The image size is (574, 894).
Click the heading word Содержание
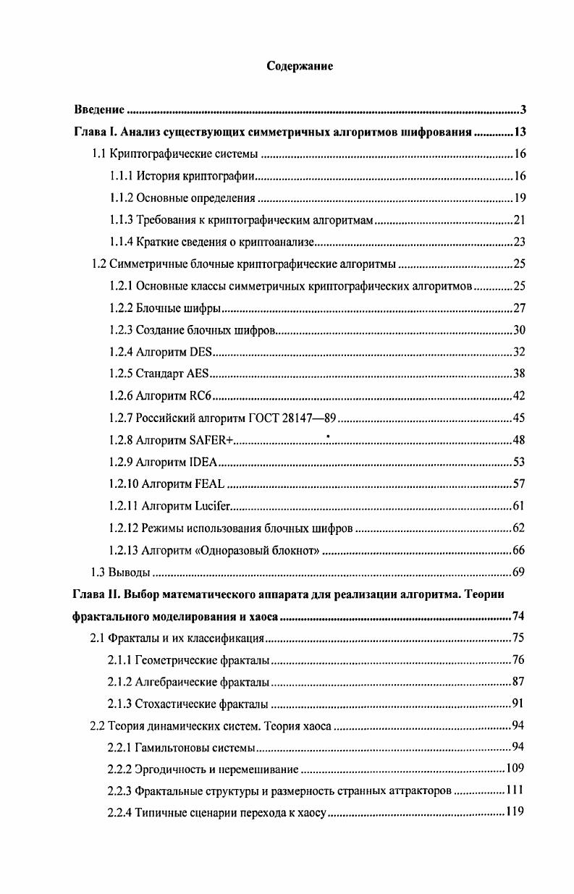(300, 67)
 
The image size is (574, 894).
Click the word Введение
(100, 110)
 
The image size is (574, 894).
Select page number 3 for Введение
(523, 110)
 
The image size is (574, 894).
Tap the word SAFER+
(211, 440)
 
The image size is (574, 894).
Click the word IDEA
(202, 462)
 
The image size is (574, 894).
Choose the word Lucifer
(207, 506)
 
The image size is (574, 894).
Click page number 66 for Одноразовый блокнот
(518, 550)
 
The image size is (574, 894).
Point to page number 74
(518, 616)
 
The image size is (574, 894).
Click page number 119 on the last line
(515, 812)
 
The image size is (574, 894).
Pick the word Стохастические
(173, 704)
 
